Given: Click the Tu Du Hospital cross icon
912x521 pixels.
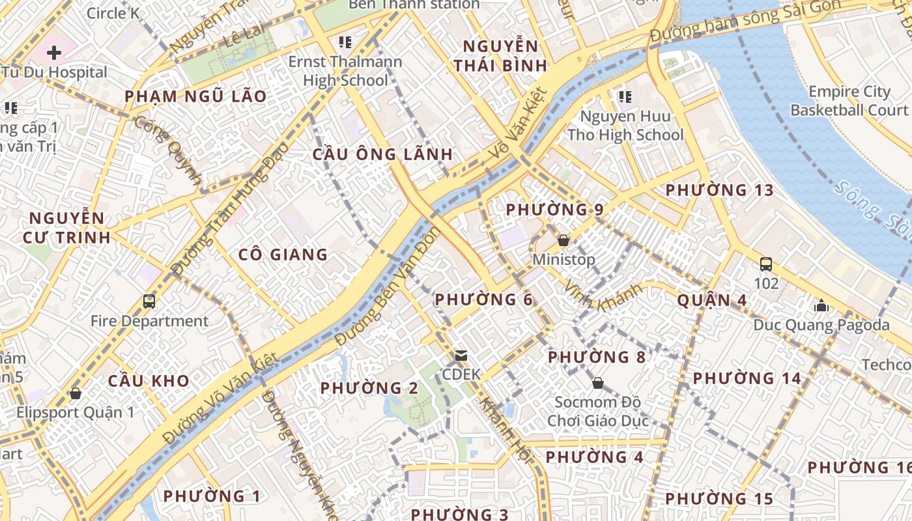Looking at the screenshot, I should point(54,52).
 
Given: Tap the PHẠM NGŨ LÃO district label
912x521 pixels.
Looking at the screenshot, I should point(195,96).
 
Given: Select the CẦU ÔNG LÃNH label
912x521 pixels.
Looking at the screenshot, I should point(382,154).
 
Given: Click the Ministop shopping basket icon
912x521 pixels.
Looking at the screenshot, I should point(563,240).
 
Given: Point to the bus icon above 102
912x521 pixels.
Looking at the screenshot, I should point(766,264).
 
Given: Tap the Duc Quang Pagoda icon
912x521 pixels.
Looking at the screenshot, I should point(821,305).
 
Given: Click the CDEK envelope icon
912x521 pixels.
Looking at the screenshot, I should point(461,356).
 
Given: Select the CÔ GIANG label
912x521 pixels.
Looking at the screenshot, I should point(283,255).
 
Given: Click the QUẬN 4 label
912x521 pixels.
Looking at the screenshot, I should point(712,300).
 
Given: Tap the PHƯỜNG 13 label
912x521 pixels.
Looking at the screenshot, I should point(719,190).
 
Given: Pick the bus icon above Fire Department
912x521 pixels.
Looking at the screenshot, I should point(149,302).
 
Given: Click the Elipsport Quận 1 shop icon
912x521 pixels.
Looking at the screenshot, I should point(76,393).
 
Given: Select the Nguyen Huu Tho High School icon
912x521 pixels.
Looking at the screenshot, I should point(625,97).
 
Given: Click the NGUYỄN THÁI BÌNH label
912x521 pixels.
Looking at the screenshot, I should point(500,56).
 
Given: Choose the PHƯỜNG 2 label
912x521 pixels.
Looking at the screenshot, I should point(369,388).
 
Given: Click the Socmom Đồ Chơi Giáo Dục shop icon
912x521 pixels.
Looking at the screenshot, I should point(598,383).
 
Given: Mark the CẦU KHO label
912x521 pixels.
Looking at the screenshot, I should point(149,381).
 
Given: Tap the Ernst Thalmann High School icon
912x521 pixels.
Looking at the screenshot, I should point(345,43).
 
